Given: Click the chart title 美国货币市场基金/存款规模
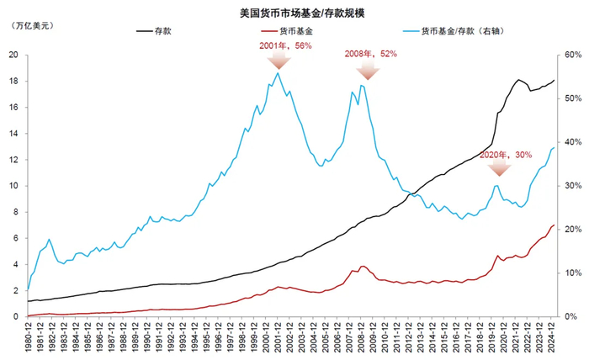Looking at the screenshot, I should coord(295,13).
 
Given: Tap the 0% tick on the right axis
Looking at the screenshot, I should coord(570,316).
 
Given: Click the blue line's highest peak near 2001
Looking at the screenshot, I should coord(278,73).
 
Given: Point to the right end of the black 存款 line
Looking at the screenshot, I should coord(555,80).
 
